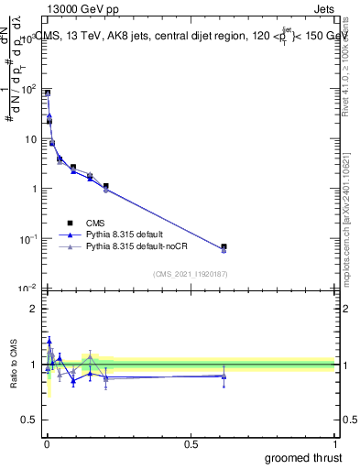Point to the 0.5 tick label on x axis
click(191, 443)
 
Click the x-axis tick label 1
click(335, 443)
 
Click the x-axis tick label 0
click(46, 443)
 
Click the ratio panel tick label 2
click(34, 309)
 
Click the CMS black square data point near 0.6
click(224, 246)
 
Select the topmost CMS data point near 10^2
click(47, 93)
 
